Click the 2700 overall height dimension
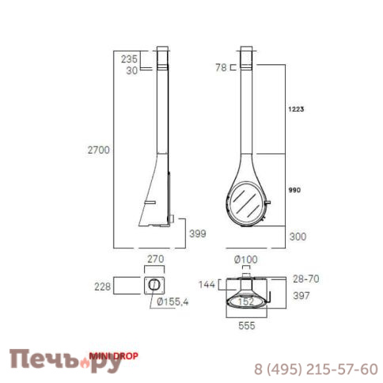[x=98, y=150]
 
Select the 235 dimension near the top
[x=129, y=59]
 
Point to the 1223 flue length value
[x=296, y=109]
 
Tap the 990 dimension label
[x=294, y=190]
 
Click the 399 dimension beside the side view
[x=198, y=233]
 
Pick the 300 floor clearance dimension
[x=298, y=237]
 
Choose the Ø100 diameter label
[x=246, y=260]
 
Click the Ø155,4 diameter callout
[x=173, y=301]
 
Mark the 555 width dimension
[x=247, y=326]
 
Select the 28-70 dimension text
[x=306, y=279]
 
